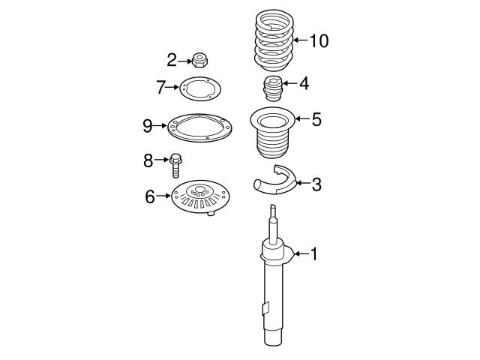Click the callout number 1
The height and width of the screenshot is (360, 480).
[314, 255]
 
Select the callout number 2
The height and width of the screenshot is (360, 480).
[172, 59]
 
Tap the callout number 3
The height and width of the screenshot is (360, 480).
[316, 184]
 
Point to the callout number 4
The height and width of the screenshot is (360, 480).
[304, 83]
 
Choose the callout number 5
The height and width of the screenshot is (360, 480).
[316, 118]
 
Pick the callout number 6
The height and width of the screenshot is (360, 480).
[150, 196]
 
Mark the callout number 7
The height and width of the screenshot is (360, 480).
[160, 88]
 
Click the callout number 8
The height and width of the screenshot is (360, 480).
[148, 159]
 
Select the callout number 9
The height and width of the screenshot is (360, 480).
[148, 125]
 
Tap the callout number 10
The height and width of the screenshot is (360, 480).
[319, 40]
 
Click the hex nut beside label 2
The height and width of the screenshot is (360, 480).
[199, 58]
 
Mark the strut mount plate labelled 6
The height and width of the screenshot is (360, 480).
[198, 196]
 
